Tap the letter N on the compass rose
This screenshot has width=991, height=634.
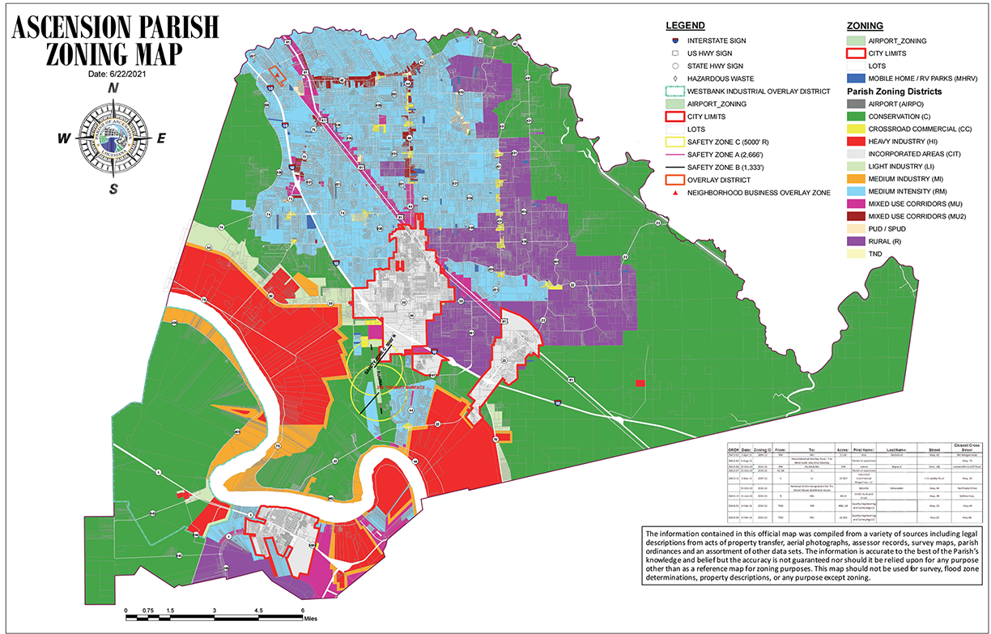114,89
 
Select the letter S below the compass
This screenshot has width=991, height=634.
114,189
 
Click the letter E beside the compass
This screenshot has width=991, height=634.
161,138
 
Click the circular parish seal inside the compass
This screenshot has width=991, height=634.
113,138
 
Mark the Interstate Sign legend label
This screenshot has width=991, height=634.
717,40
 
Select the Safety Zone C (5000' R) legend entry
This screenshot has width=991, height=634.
736,142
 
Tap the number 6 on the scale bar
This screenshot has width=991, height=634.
302,611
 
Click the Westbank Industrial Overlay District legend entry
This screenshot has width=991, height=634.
757,91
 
